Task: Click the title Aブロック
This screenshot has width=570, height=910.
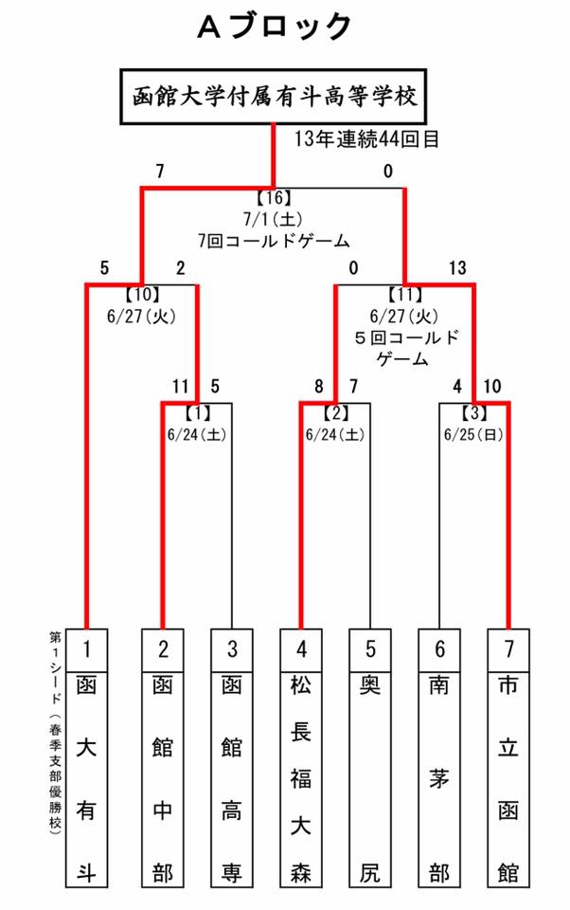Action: point(275,27)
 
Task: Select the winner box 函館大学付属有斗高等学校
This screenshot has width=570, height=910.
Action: point(274,97)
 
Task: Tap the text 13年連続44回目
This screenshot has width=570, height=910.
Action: point(366,139)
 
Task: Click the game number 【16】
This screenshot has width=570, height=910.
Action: point(274,198)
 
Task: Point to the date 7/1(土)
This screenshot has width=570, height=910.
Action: point(273,219)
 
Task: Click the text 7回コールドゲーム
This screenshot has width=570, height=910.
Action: point(274,240)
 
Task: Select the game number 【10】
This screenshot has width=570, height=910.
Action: point(142,295)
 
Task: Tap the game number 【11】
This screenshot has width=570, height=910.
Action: point(404,295)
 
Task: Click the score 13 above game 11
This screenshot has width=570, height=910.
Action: point(457,268)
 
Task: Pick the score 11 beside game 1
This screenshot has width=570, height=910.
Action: point(180,387)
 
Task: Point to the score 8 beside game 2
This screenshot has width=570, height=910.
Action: point(318,387)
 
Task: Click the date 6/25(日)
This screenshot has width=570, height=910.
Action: point(473,435)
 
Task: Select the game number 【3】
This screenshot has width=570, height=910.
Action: point(474,413)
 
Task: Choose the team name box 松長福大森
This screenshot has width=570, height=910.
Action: point(301,779)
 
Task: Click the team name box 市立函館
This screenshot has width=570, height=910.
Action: point(508,779)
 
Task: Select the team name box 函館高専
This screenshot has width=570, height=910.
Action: point(232,779)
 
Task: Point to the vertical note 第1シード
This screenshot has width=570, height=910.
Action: point(56,668)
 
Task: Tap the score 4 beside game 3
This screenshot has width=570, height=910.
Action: point(457,387)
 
